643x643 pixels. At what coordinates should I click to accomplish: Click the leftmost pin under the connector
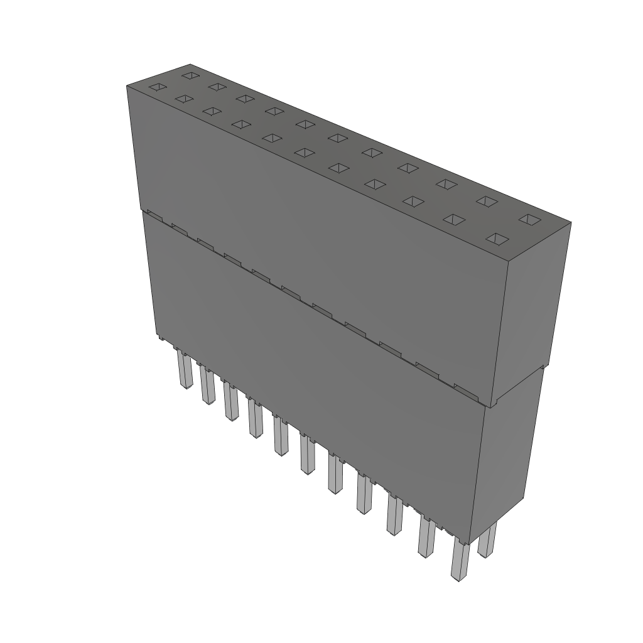pos(183,370)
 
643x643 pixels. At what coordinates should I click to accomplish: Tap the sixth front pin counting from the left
pos(307,455)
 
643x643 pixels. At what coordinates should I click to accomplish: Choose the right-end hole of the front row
pos(498,239)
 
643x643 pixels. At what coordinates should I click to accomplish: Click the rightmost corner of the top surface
pos(570,222)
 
